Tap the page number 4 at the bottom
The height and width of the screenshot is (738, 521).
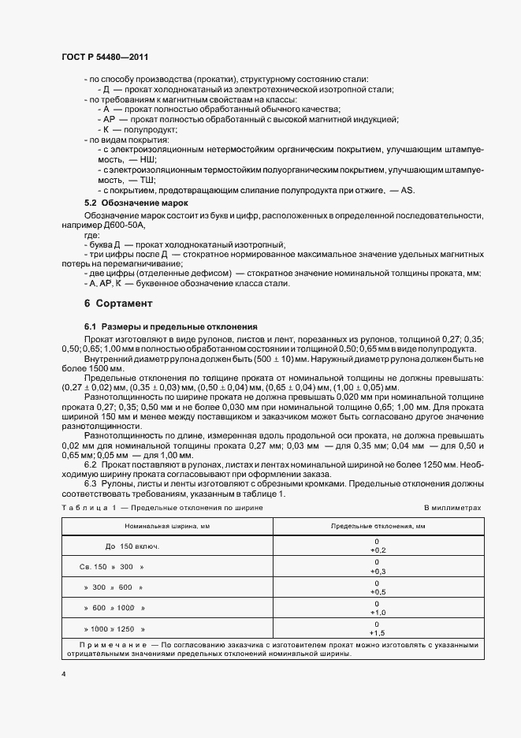(x=64, y=675)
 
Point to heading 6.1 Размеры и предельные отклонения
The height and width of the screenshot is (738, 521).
(x=167, y=326)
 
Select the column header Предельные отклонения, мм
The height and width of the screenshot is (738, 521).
(x=378, y=524)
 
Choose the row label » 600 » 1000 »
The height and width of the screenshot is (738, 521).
(x=114, y=608)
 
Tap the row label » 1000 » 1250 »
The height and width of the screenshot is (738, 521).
(x=115, y=628)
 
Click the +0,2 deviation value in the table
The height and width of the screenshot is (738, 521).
(x=377, y=550)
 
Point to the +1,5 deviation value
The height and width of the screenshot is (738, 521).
(x=377, y=632)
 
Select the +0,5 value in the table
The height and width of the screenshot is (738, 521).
(x=377, y=591)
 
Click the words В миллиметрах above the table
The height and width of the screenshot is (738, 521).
(x=452, y=509)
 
